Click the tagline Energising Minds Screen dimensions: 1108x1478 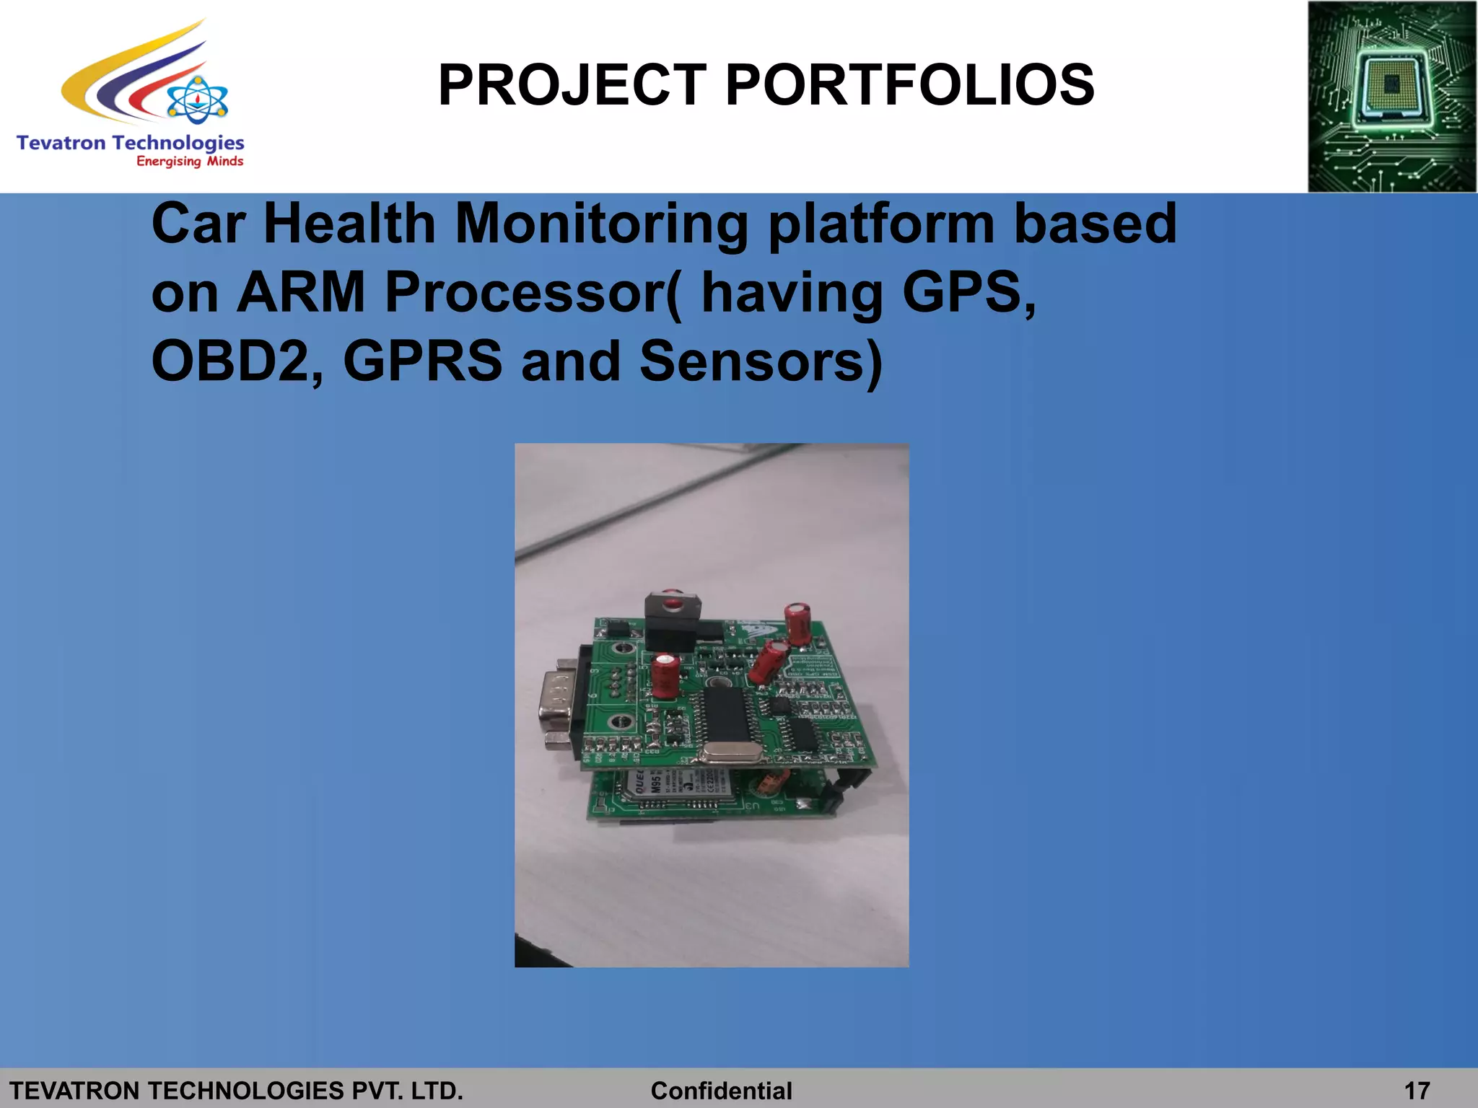190,162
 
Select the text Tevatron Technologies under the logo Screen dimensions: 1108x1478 130,142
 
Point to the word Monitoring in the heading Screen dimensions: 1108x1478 602,224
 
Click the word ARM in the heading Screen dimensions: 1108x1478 301,292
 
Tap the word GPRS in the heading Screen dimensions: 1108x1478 422,361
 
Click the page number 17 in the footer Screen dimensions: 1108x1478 1417,1090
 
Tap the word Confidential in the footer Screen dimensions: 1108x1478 721,1090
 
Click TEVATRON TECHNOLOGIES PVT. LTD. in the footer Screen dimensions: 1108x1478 236,1090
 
